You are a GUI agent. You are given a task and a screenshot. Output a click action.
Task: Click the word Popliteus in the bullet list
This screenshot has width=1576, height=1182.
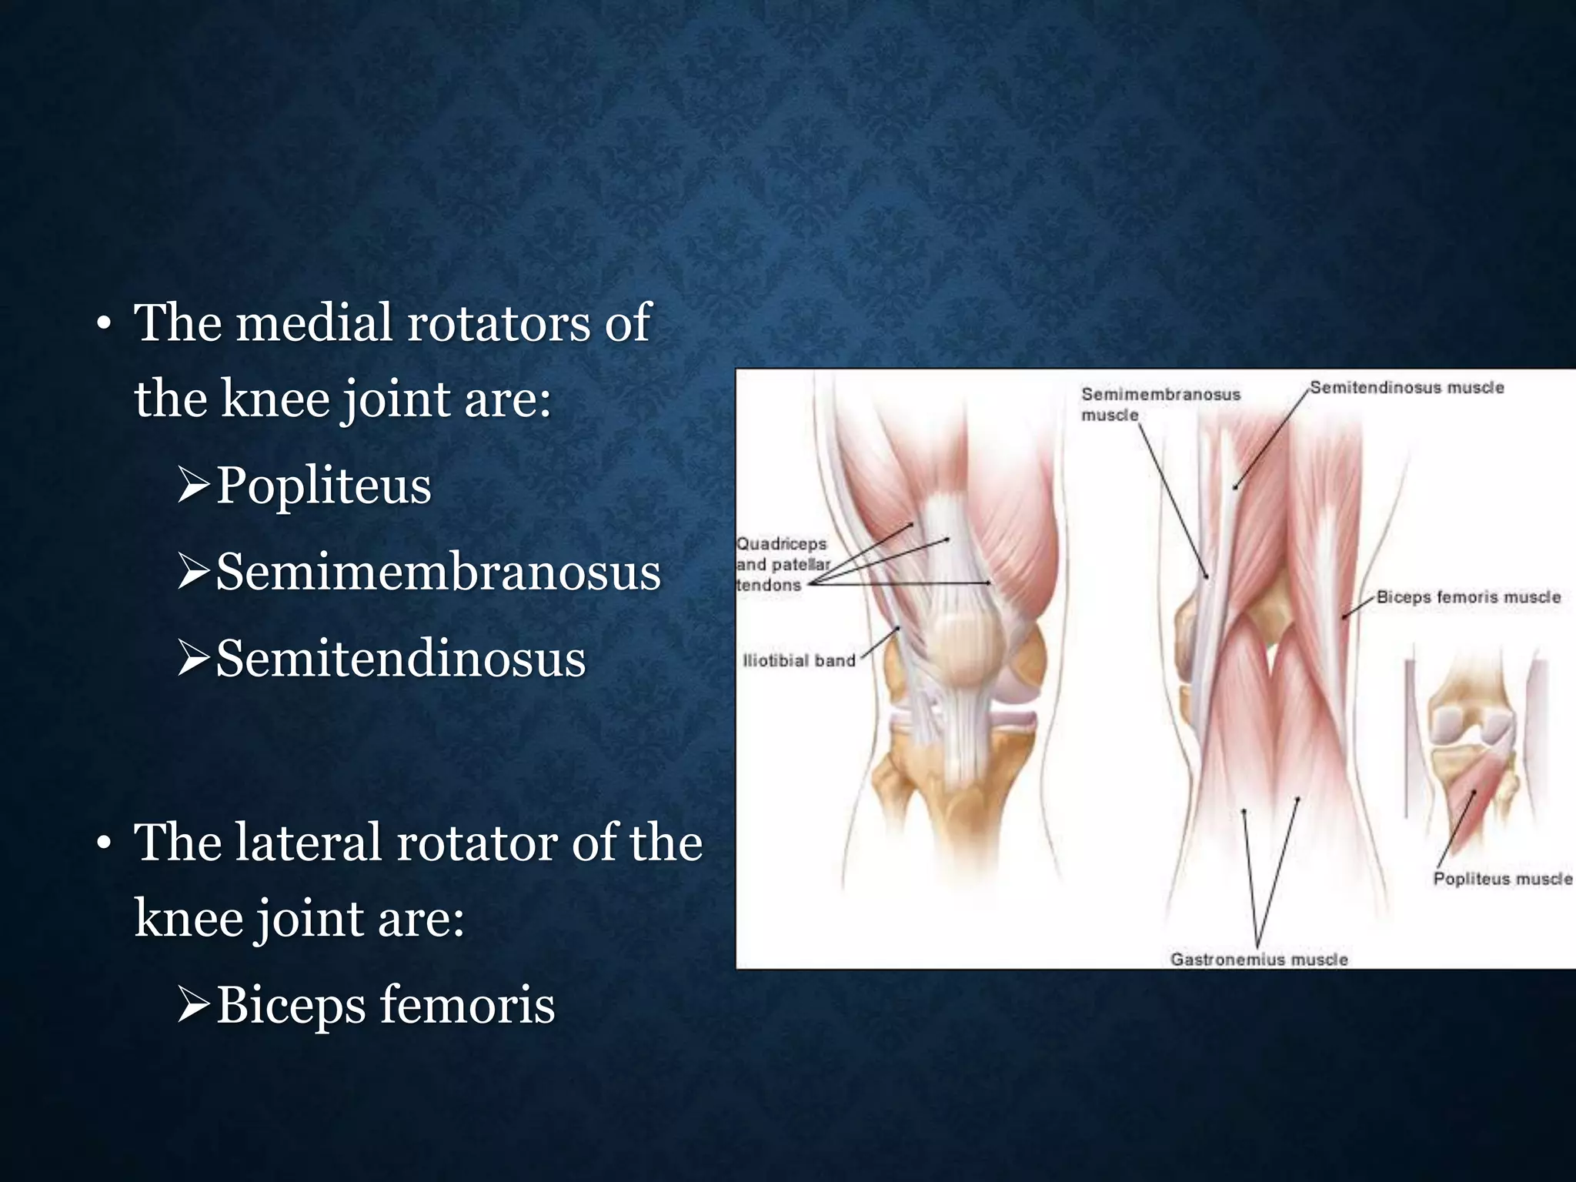pyautogui.click(x=323, y=486)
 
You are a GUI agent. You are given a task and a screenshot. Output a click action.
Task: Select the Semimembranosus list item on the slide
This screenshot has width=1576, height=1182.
pyautogui.click(x=438, y=573)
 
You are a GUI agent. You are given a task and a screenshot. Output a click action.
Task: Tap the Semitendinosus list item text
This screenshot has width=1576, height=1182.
pyautogui.click(x=400, y=659)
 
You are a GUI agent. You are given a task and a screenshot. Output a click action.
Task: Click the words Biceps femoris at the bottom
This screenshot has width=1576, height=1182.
pyautogui.click(x=385, y=1006)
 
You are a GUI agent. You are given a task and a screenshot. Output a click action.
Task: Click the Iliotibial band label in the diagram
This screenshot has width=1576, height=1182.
pyautogui.click(x=799, y=660)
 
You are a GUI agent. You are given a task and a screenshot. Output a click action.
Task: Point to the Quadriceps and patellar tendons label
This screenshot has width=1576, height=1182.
pyautogui.click(x=782, y=564)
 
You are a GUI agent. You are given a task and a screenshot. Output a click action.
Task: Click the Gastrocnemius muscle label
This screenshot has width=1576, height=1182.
pyautogui.click(x=1259, y=959)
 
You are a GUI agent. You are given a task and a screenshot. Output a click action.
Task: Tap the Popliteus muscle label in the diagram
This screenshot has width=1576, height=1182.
pyautogui.click(x=1501, y=879)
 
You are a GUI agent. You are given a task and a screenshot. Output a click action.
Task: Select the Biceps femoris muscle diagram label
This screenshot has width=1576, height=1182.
pyautogui.click(x=1467, y=597)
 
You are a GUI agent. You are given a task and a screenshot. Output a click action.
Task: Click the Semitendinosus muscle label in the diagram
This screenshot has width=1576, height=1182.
pyautogui.click(x=1407, y=388)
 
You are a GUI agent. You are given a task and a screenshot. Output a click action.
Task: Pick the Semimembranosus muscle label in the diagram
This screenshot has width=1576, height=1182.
pyautogui.click(x=1160, y=403)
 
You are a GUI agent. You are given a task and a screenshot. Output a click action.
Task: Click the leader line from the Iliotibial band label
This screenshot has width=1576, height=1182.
pyautogui.click(x=880, y=643)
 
